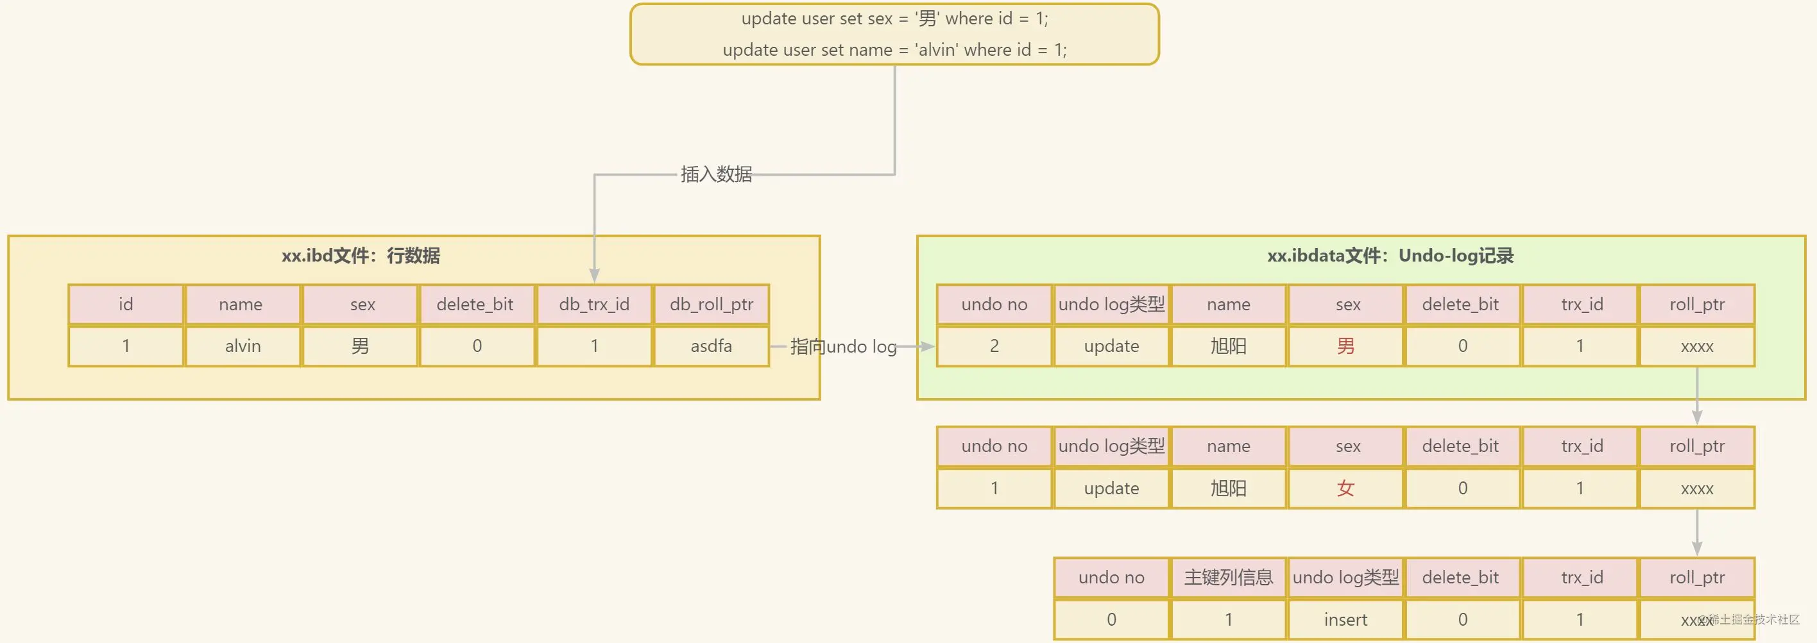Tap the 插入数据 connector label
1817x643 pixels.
point(716,174)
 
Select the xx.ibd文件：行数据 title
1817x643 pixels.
point(361,255)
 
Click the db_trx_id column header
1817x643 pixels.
point(594,305)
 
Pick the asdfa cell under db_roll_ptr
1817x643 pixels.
point(711,346)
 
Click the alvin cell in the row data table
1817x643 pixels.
point(243,346)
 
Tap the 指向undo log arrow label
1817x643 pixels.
point(844,346)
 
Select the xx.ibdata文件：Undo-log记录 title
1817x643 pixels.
point(1390,255)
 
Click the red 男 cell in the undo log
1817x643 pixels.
point(1346,346)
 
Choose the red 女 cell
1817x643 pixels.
point(1346,488)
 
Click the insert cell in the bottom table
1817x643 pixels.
point(1346,620)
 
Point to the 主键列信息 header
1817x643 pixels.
point(1229,578)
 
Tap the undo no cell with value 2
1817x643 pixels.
point(994,346)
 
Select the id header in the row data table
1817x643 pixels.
point(126,305)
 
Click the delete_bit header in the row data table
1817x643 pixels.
point(475,305)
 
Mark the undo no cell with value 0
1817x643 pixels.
point(1112,620)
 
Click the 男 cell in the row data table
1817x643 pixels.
point(360,346)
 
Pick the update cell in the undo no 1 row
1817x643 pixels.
point(1112,488)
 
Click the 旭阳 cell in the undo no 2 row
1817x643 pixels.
point(1229,346)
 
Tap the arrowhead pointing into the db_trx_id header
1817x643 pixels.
point(595,276)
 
